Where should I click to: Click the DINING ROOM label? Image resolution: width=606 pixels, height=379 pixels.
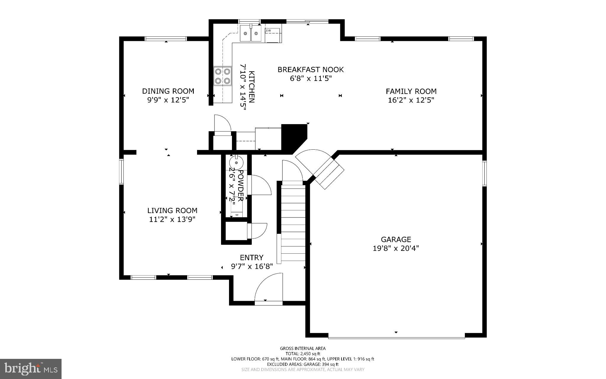168,91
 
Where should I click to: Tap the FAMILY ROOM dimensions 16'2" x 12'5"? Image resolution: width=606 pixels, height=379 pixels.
411,100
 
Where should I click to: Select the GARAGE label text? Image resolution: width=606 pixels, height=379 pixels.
396,239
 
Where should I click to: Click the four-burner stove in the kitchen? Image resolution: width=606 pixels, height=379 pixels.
223,76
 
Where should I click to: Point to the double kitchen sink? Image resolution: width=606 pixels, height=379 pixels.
251,33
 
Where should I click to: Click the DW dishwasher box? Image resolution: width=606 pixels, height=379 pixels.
273,35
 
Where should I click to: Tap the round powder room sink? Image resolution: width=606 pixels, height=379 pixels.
236,163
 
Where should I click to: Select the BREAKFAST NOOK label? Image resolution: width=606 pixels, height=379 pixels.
310,70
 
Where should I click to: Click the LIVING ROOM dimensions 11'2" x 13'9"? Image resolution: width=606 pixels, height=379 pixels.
172,220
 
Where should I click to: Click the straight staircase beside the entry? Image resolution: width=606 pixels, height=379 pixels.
293,222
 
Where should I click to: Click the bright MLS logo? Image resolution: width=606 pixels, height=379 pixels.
31,369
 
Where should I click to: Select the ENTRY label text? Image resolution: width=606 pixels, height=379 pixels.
252,258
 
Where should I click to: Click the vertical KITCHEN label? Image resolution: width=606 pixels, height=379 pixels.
251,87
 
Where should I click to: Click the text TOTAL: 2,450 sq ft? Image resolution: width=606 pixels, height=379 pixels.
303,354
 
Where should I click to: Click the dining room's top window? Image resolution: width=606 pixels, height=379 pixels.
166,39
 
